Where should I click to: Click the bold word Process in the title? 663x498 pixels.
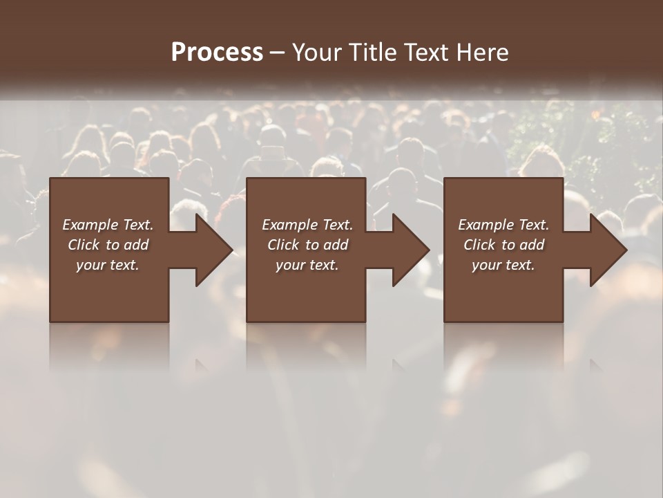[217, 53]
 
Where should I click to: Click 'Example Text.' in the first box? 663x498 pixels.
[108, 225]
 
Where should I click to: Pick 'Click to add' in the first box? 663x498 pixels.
[108, 245]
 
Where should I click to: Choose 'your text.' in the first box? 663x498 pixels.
[108, 265]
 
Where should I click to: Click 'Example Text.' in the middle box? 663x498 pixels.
[307, 225]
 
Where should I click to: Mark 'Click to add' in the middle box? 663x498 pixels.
[307, 245]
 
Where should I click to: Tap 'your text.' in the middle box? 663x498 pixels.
[307, 265]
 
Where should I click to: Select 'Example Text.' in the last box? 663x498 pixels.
[503, 225]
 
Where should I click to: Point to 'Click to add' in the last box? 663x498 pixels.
[503, 245]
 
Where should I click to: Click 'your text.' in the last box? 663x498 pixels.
[503, 265]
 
